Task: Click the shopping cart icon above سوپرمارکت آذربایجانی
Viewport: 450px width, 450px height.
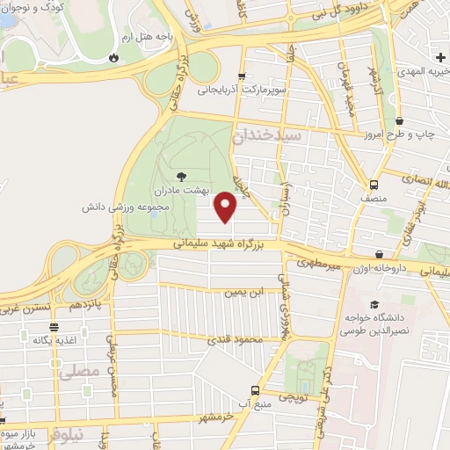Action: pos(242,76)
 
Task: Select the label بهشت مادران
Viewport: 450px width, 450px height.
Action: pos(180,190)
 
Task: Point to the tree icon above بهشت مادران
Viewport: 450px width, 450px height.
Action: pos(181,176)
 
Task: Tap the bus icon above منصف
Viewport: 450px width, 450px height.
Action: pos(374,185)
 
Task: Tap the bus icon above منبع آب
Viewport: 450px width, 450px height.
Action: pos(255,389)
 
